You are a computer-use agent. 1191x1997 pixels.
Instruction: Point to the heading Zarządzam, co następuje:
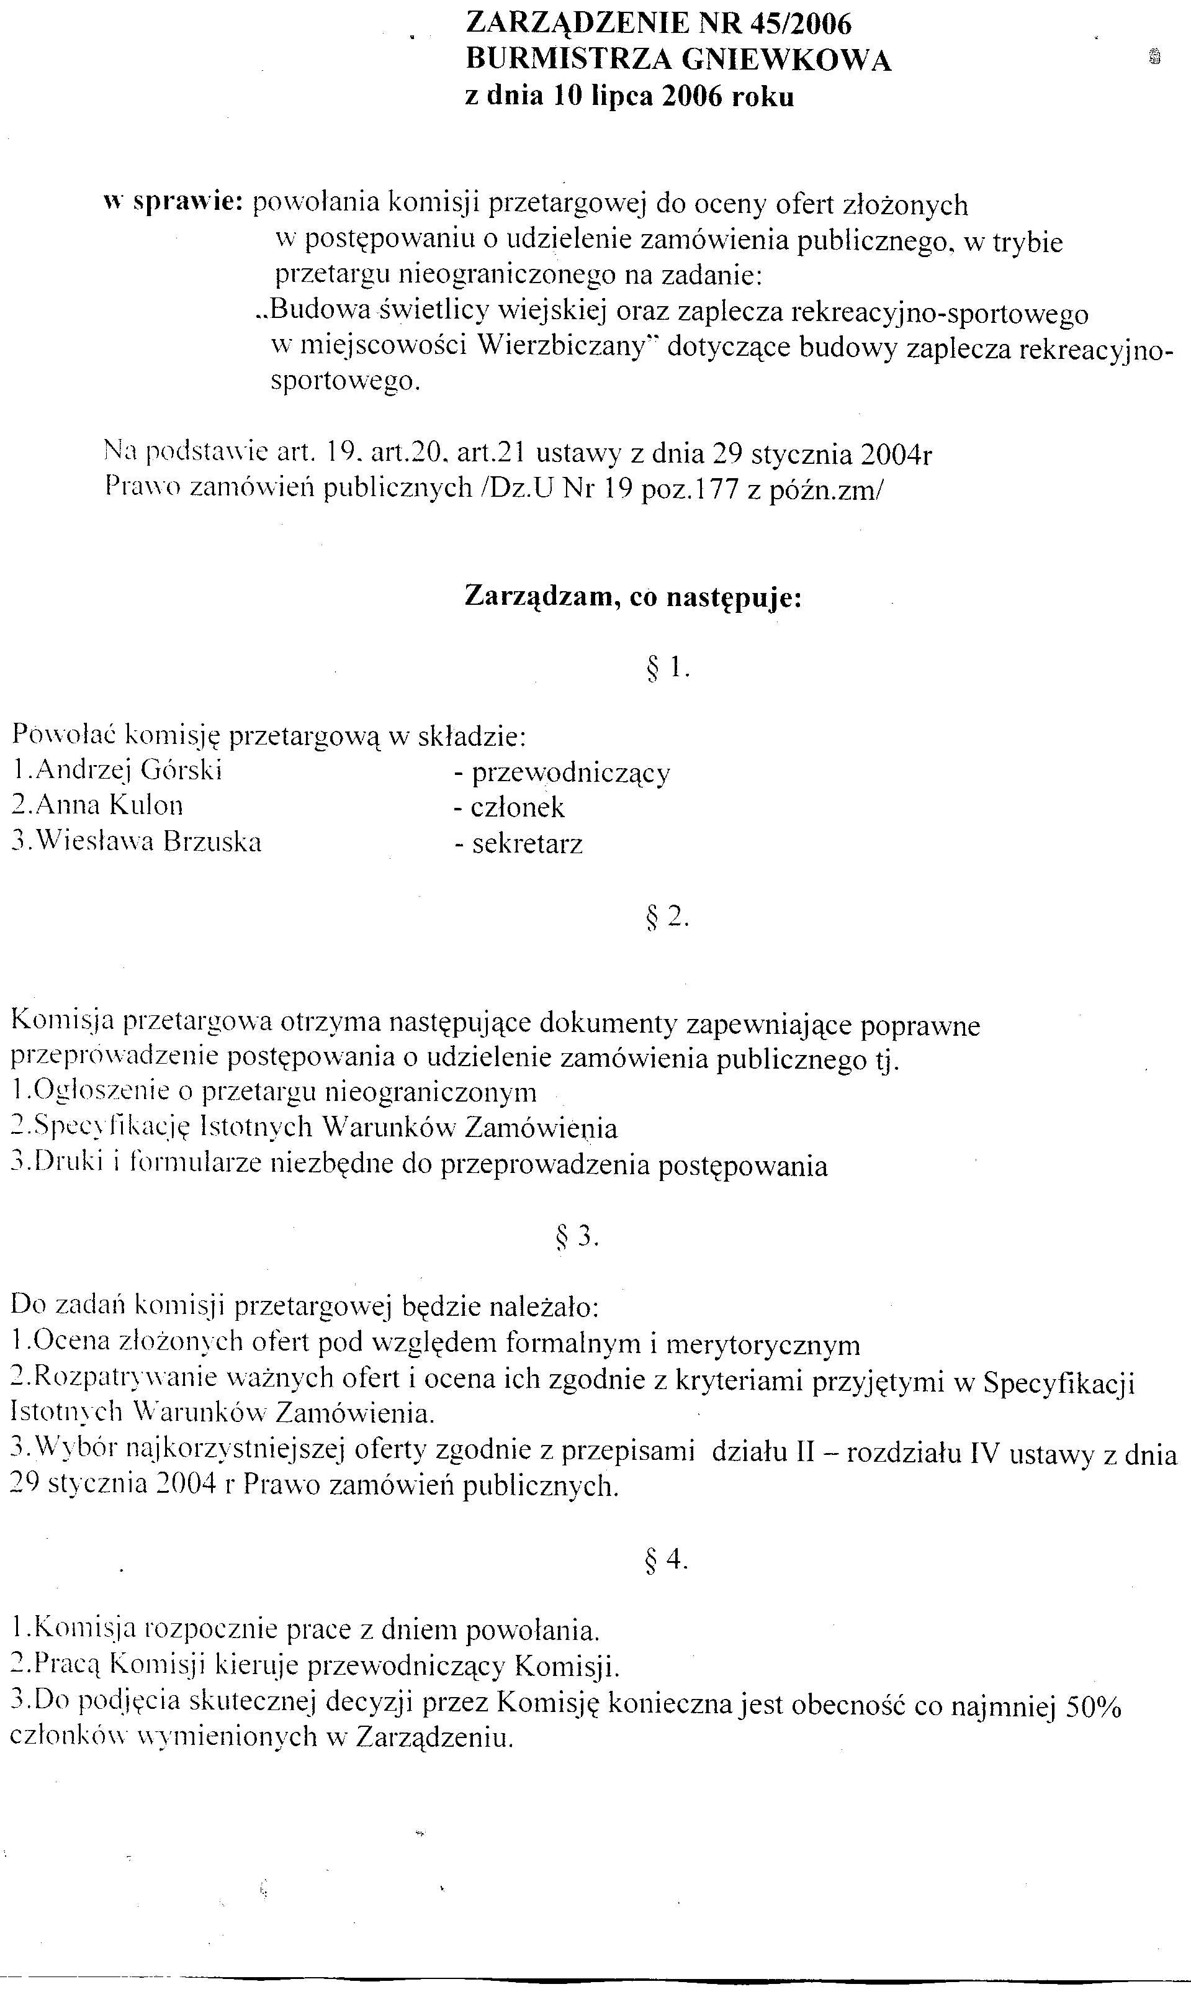(633, 598)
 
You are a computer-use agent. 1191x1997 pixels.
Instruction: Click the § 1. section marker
(668, 668)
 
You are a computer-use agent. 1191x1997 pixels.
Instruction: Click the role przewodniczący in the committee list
(570, 773)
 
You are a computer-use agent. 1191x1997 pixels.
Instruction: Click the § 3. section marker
(578, 1238)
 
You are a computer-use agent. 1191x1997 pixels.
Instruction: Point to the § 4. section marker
(668, 1559)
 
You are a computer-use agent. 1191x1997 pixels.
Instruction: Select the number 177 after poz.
(719, 489)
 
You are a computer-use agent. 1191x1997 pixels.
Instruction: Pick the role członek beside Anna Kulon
(518, 807)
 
